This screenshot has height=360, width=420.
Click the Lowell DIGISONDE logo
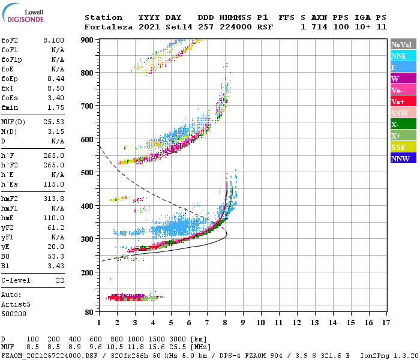click(x=22, y=15)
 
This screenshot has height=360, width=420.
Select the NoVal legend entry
click(x=403, y=44)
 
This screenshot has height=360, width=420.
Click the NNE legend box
click(x=403, y=56)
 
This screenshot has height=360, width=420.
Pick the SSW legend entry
click(x=403, y=113)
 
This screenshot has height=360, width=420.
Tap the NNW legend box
click(x=403, y=158)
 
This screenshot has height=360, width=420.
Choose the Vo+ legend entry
click(x=403, y=101)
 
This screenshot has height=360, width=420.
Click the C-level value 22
click(x=59, y=280)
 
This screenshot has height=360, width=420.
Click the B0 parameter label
click(x=5, y=256)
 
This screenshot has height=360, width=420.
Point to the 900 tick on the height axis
click(x=87, y=40)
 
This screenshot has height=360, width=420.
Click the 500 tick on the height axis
click(x=87, y=173)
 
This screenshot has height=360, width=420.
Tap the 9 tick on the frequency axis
click(x=243, y=323)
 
